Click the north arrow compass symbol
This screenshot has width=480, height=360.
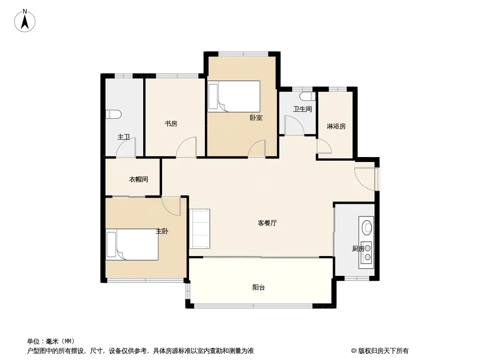pyautogui.click(x=25, y=21)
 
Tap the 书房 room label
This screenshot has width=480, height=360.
pyautogui.click(x=171, y=124)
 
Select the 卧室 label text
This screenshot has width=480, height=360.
pyautogui.click(x=256, y=117)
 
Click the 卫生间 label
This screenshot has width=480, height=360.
pyautogui.click(x=303, y=109)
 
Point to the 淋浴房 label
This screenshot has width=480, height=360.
pyautogui.click(x=336, y=126)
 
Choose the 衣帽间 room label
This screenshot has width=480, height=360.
pyautogui.click(x=138, y=179)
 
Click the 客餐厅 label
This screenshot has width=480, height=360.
pyautogui.click(x=267, y=223)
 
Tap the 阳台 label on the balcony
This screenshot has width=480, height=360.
pyautogui.click(x=258, y=287)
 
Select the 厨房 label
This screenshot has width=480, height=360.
pyautogui.click(x=358, y=249)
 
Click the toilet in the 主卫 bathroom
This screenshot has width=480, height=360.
pyautogui.click(x=113, y=114)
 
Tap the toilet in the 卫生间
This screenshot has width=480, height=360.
pyautogui.click(x=308, y=96)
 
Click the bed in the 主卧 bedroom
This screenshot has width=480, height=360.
pyautogui.click(x=132, y=244)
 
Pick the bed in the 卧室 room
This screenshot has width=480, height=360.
pyautogui.click(x=234, y=96)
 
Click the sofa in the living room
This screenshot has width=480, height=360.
pyautogui.click(x=199, y=229)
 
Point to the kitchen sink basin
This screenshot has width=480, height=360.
pyautogui.click(x=367, y=228)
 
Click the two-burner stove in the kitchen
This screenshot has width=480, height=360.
pyautogui.click(x=366, y=252)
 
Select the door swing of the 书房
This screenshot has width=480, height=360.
pyautogui.click(x=186, y=147)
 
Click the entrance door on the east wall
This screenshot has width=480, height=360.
pyautogui.click(x=365, y=179)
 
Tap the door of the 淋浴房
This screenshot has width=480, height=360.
pyautogui.click(x=324, y=146)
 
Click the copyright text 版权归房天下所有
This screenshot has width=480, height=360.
pyautogui.click(x=383, y=351)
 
